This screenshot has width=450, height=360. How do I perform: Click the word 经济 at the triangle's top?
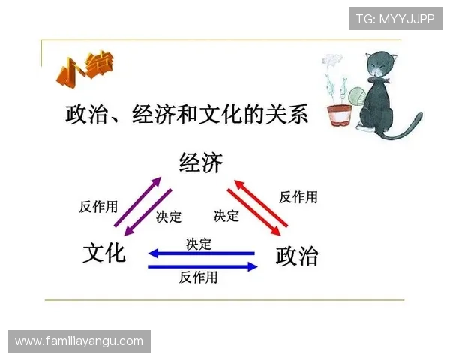pos(200,163)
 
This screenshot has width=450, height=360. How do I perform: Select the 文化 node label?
pos(104,253)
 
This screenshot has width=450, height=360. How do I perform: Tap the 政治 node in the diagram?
pos(297,255)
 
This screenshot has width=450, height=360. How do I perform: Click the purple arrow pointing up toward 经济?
pos(138,203)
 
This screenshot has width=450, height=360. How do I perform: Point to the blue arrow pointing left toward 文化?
pos(202,253)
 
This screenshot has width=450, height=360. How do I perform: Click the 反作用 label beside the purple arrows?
pos(98,207)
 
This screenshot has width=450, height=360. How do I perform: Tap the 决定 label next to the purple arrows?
pos(169,217)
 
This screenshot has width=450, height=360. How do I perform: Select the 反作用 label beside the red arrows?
pos(298,197)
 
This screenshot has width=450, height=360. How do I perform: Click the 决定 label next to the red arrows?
pos(226,216)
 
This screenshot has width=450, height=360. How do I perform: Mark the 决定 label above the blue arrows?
pos(199,244)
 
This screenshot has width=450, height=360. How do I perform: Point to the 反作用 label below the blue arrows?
pos(199,277)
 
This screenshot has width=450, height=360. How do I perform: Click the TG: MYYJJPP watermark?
pos(394,19)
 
